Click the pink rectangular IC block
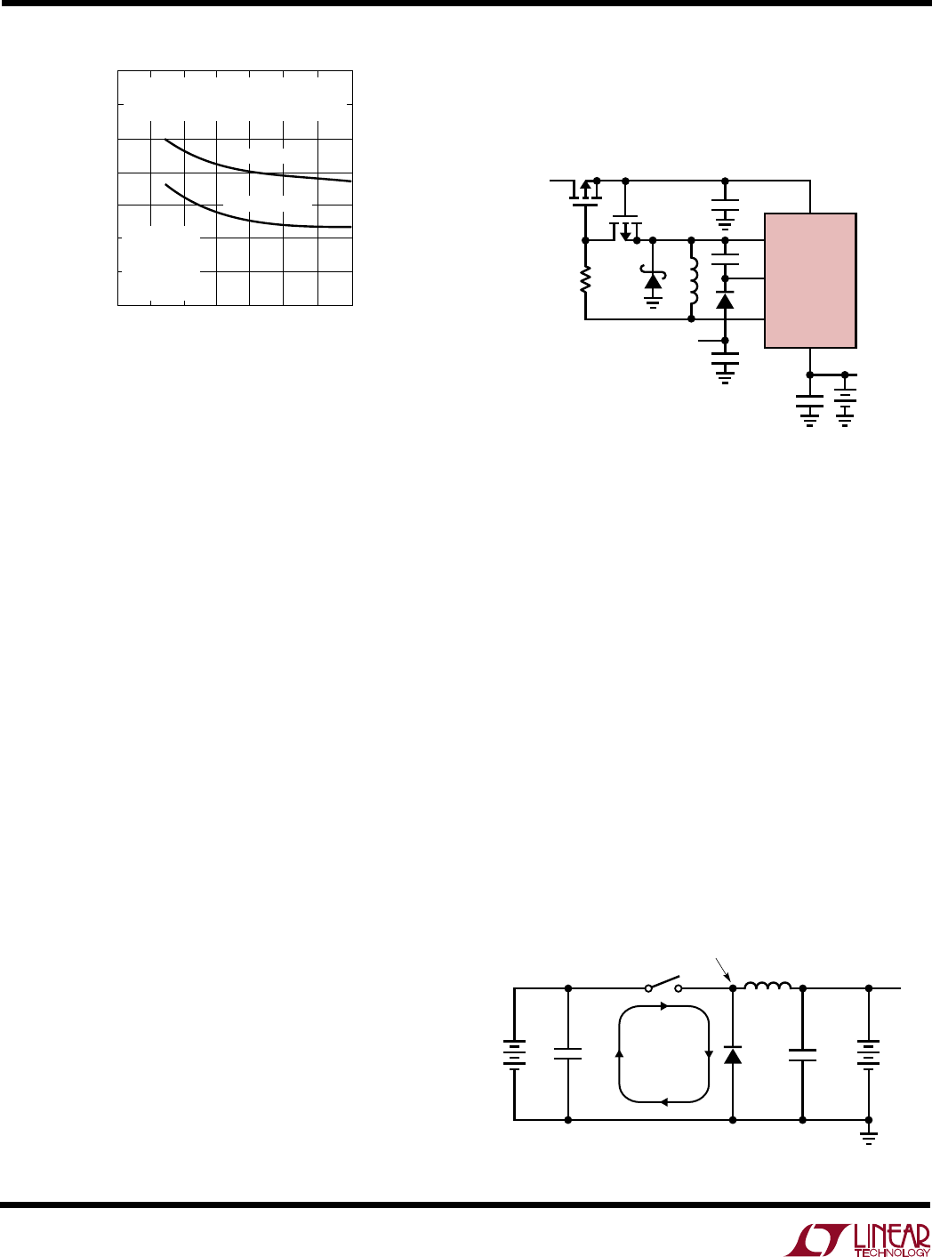tap(810, 280)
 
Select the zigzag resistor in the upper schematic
tap(585, 280)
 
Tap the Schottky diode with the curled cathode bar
tap(654, 280)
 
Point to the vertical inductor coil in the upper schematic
tap(693, 280)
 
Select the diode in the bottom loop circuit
tap(733, 1056)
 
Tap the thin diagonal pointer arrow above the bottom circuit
tap(724, 970)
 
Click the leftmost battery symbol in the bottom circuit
tap(514, 1055)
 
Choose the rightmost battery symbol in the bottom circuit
tap(869, 1055)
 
